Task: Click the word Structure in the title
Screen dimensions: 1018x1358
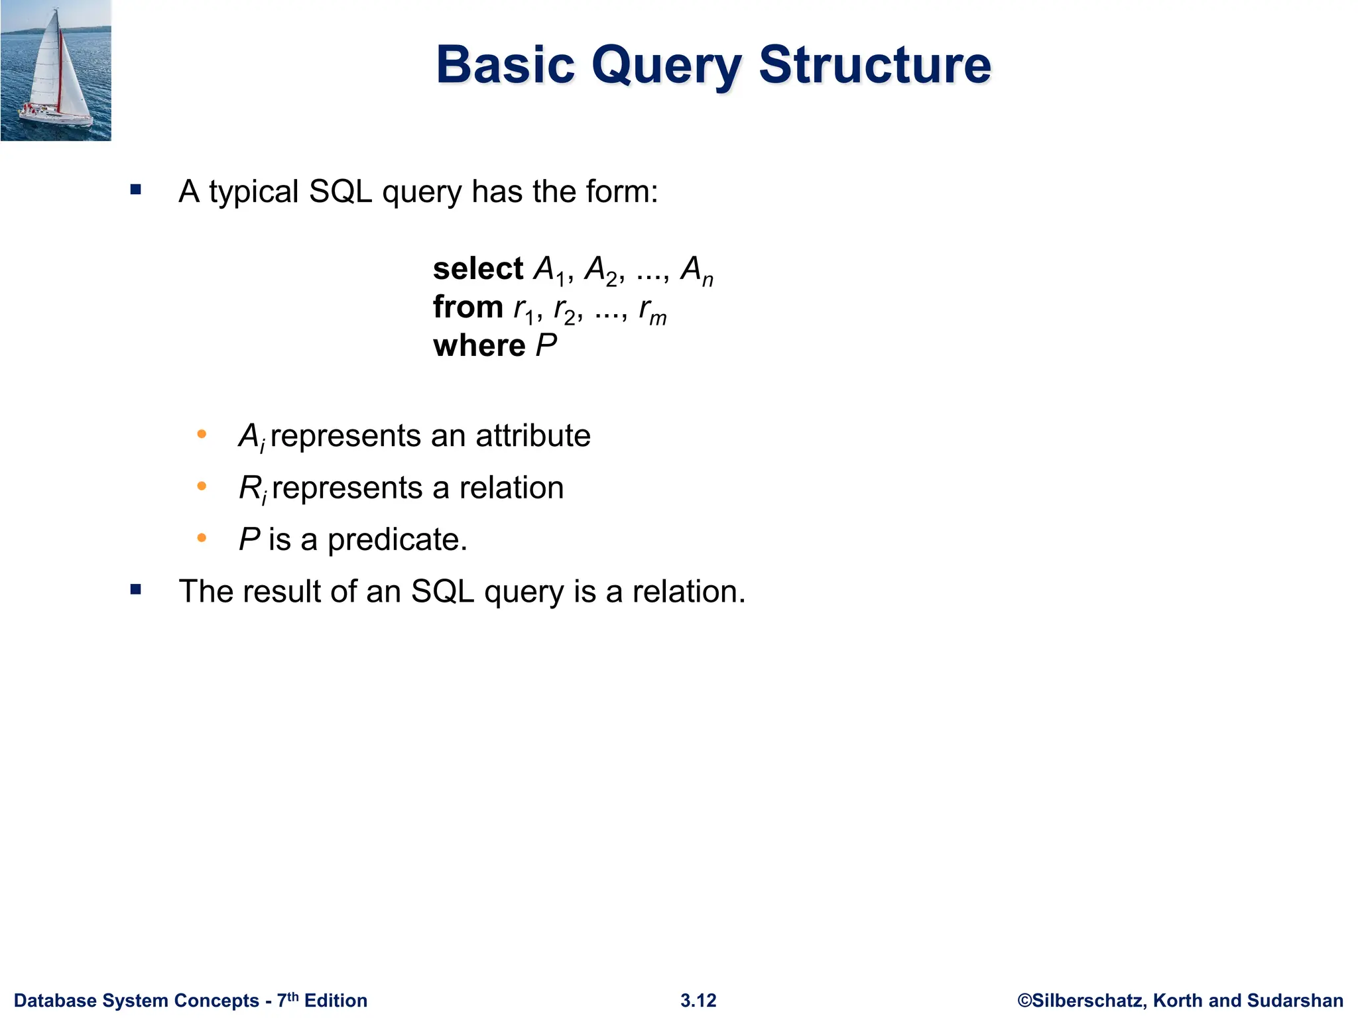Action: tap(875, 65)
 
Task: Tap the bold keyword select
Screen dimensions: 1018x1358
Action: tap(477, 269)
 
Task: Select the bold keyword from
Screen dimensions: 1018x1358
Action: tap(467, 308)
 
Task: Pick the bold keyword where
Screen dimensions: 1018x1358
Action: tap(479, 346)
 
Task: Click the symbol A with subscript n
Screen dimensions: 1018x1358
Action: tap(696, 270)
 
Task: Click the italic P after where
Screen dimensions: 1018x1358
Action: tap(546, 346)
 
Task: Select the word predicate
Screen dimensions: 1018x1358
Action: tap(397, 539)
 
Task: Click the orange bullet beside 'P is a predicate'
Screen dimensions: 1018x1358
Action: tap(202, 538)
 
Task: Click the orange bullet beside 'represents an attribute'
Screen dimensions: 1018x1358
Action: tap(202, 435)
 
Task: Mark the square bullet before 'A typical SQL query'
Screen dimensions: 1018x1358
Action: tap(136, 190)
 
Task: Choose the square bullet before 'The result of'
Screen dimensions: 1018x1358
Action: tap(136, 589)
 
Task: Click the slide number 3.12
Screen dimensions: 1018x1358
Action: tap(698, 1001)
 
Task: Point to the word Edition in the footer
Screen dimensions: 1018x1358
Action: tap(336, 1001)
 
